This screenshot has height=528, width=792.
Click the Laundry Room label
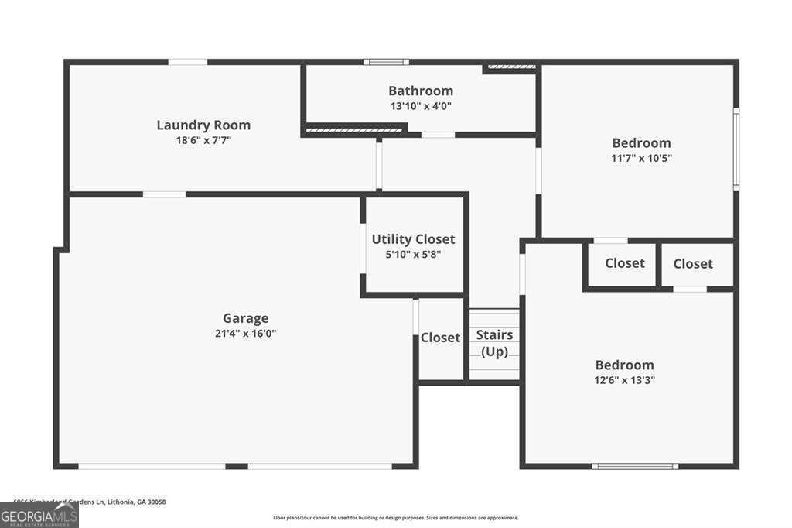click(203, 125)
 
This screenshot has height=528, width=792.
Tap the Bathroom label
click(421, 91)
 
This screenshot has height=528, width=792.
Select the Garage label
click(246, 317)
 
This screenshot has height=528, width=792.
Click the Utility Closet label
click(413, 239)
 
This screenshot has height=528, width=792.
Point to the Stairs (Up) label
click(494, 343)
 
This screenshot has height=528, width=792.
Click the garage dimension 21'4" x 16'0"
click(246, 334)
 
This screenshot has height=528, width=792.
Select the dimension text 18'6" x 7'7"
click(203, 140)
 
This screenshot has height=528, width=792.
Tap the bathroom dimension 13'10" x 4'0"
click(421, 106)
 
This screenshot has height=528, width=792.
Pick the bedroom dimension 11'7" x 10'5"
click(641, 158)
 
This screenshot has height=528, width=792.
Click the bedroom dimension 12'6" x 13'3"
click(624, 380)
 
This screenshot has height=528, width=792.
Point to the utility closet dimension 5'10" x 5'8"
click(413, 254)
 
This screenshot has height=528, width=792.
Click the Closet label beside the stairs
click(440, 338)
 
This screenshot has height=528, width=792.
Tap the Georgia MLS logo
click(39, 515)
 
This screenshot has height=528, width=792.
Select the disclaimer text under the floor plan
click(395, 518)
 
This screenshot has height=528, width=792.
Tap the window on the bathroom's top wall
click(387, 62)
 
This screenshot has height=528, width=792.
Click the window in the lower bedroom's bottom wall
click(635, 466)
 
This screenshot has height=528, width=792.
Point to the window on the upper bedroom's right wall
click(736, 149)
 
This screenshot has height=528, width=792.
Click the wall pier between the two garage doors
click(236, 466)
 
